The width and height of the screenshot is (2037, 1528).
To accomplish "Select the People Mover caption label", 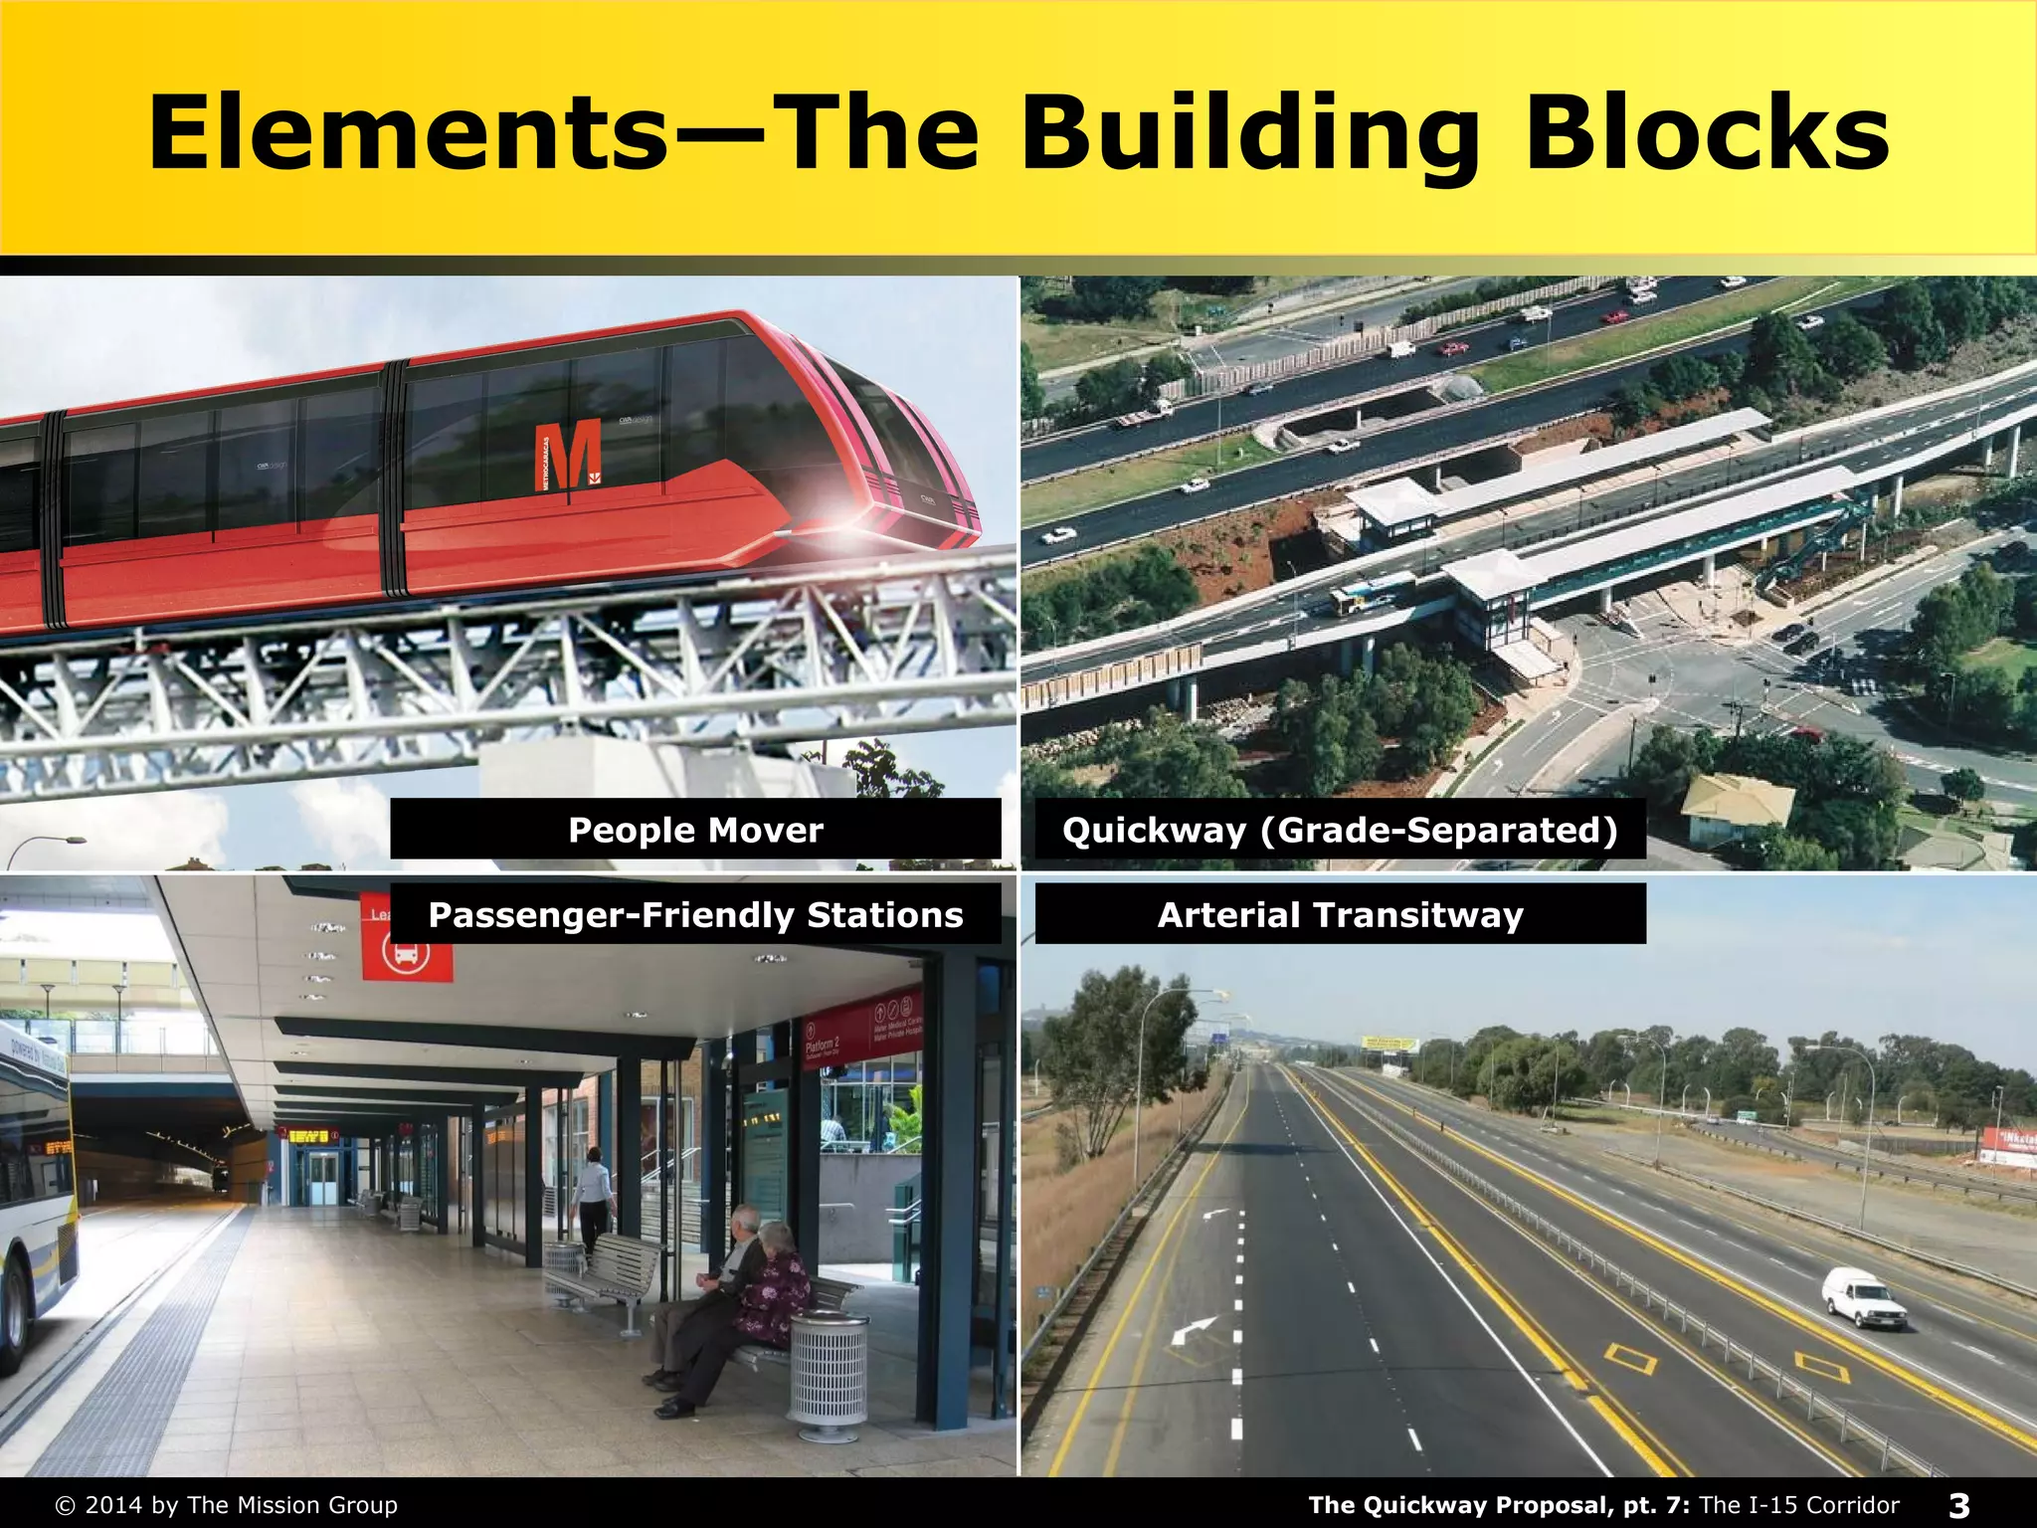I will coord(695,829).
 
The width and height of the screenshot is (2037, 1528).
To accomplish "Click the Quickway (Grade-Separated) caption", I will coord(1340,829).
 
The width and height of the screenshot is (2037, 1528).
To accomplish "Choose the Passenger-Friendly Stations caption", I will coord(695,914).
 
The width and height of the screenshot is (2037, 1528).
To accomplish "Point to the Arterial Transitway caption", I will coord(1340,914).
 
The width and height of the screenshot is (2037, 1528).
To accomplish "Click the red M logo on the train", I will coord(568,455).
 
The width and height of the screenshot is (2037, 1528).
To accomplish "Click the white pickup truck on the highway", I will coord(1862,1297).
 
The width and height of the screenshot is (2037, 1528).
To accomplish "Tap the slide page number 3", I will coord(1958,1505).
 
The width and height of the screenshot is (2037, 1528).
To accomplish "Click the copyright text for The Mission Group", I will coord(228,1505).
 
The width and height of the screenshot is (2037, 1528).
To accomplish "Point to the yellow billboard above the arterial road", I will coord(1389,1044).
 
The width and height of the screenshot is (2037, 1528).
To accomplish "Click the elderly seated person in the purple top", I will coord(775,1289).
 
